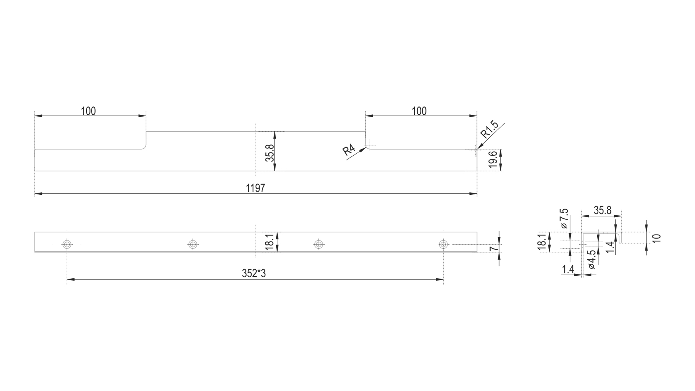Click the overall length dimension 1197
(x=256, y=188)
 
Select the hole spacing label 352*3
(x=254, y=274)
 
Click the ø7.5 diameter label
(x=564, y=218)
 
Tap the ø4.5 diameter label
(x=592, y=260)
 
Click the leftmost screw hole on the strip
(x=67, y=244)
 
